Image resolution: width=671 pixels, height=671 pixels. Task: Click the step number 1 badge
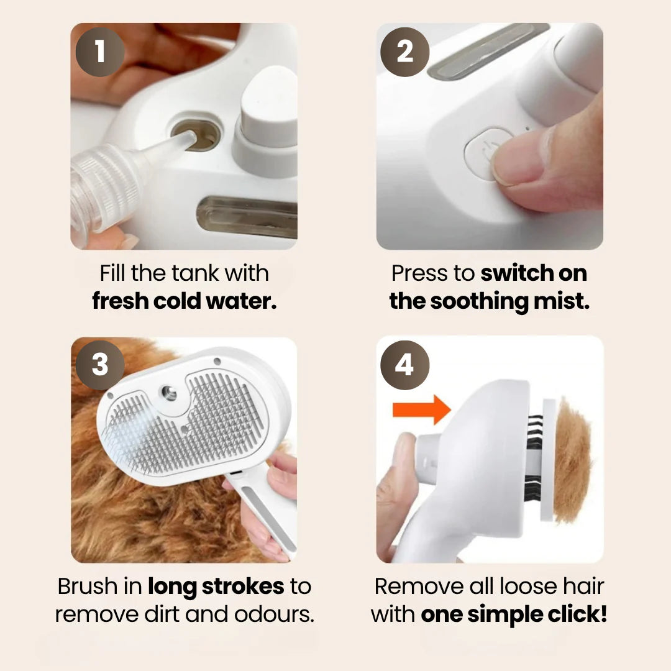[99, 51]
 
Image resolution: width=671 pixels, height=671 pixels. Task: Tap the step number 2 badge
[404, 51]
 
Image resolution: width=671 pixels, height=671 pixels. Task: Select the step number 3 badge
[99, 365]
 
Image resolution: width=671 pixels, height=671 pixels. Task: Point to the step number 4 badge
[404, 365]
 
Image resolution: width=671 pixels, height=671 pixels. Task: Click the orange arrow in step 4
[422, 409]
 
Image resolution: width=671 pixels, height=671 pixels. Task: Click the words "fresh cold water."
[184, 301]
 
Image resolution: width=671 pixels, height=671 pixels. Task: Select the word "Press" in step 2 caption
[419, 273]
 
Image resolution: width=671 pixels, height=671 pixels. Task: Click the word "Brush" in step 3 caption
[86, 586]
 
